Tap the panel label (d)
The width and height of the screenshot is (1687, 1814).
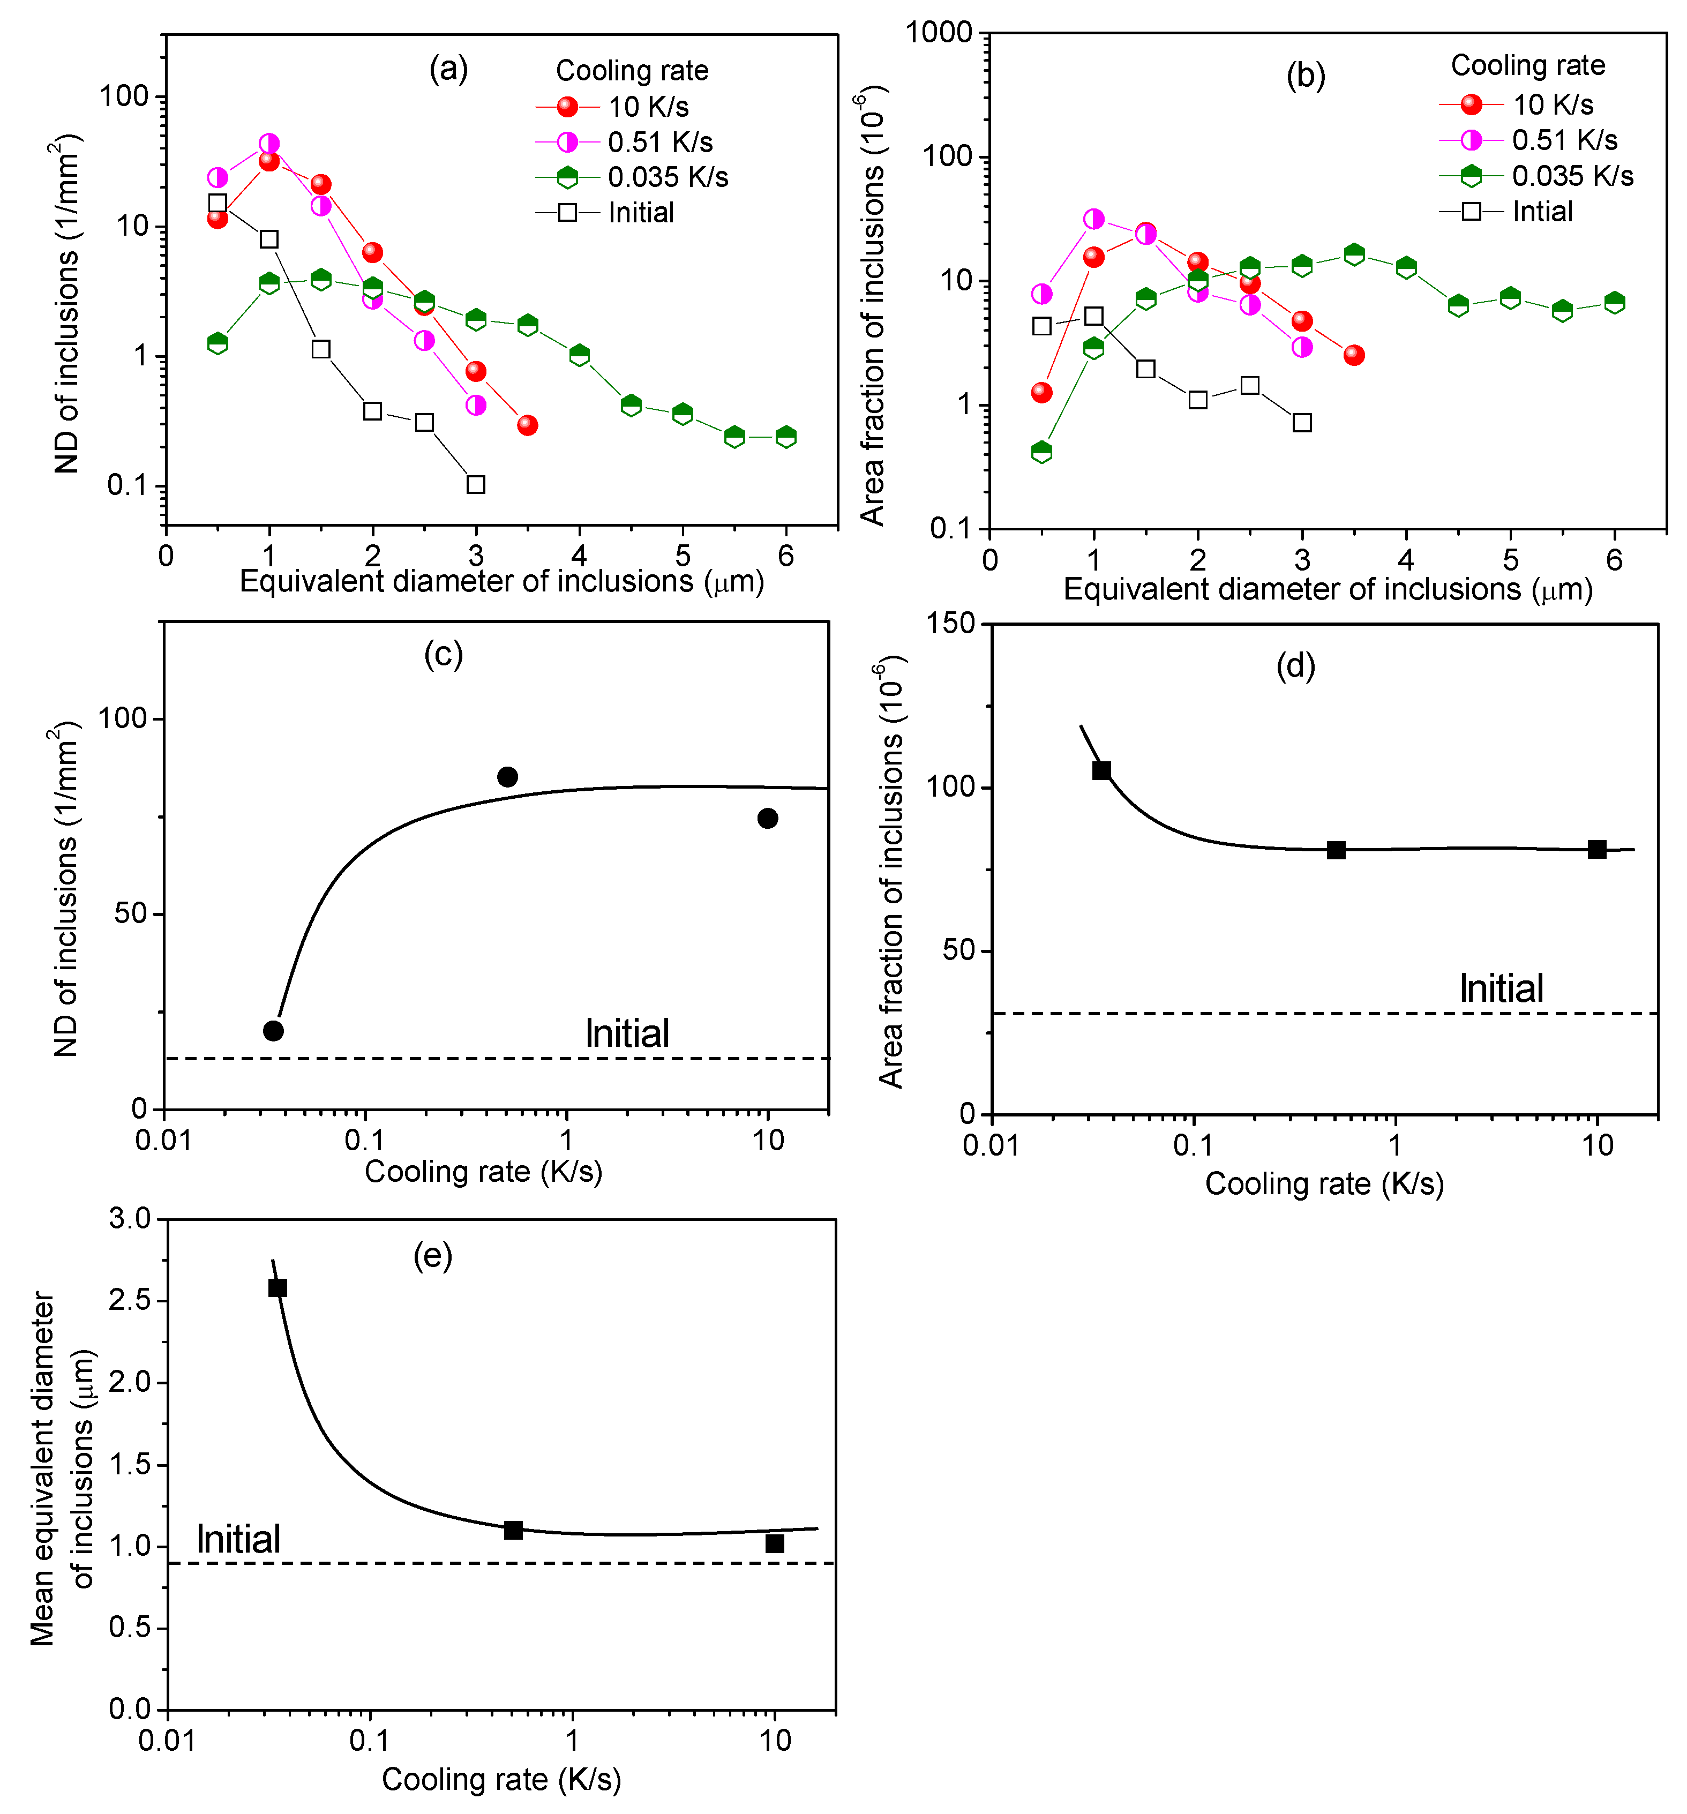[x=1295, y=665]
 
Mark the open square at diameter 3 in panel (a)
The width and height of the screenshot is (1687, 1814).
[x=475, y=484]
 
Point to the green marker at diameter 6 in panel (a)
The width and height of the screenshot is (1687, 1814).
[x=785, y=436]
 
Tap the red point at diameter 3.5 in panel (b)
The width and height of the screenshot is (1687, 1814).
[x=1354, y=355]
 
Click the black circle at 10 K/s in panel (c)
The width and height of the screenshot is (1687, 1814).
[x=767, y=819]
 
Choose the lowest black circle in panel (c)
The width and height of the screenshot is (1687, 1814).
[x=273, y=1031]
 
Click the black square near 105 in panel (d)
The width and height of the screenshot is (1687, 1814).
[x=1101, y=770]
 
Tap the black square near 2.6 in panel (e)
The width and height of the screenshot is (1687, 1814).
[x=278, y=1287]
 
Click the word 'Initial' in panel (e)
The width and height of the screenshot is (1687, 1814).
[x=238, y=1539]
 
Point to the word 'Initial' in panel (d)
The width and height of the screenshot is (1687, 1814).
[x=1501, y=988]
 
